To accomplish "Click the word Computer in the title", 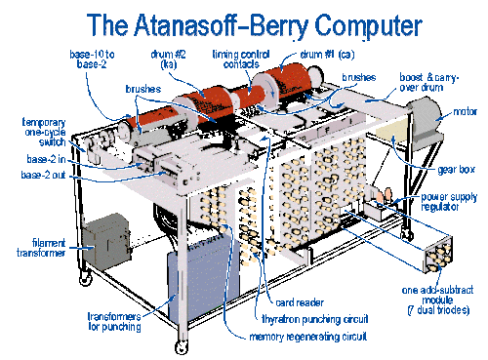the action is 368,26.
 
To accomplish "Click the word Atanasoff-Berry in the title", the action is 221,25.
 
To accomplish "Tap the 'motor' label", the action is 465,112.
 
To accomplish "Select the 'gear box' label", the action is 456,170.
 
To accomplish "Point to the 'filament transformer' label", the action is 41,248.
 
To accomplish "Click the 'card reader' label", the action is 300,302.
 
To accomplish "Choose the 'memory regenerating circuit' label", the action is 308,337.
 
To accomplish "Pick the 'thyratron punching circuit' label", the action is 315,319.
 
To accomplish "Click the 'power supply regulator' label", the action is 449,202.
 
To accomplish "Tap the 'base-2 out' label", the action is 43,175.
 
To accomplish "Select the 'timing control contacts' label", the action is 241,60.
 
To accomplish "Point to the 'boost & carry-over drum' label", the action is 428,82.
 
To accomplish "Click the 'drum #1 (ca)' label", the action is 327,55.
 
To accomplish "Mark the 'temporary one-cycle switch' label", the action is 44,133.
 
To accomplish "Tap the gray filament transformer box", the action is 106,241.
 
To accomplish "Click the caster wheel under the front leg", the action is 182,347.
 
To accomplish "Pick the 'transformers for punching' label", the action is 114,322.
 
